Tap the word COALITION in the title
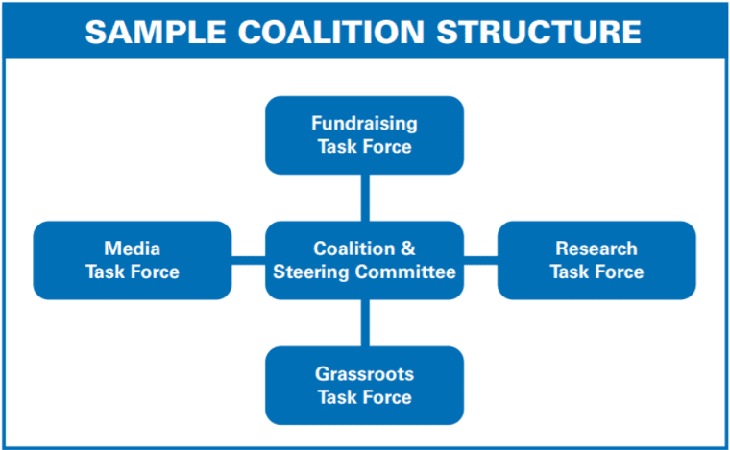[x=331, y=32]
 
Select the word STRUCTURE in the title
[x=539, y=32]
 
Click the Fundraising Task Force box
[x=365, y=135]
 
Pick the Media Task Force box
[x=133, y=260]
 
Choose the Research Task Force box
[x=596, y=260]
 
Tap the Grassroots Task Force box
[x=365, y=386]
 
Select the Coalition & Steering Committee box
[x=365, y=260]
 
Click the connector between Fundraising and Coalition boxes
[x=365, y=198]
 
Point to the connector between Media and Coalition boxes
[x=248, y=260]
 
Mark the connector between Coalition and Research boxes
[x=480, y=260]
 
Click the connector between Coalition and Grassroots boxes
[x=365, y=323]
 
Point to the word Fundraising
[x=365, y=124]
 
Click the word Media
[x=133, y=249]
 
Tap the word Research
[x=596, y=249]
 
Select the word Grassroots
[x=365, y=374]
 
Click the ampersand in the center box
[x=408, y=249]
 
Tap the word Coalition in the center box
[x=354, y=249]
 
